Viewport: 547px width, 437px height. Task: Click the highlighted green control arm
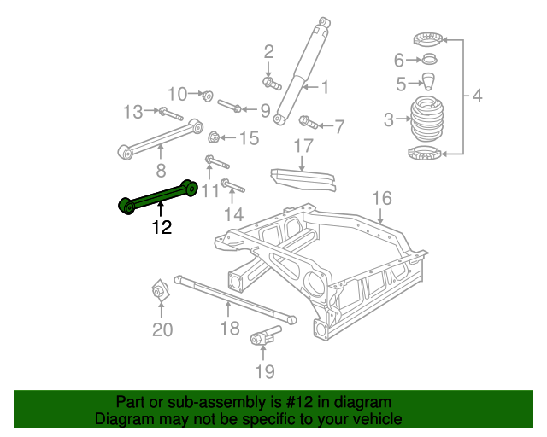pyautogui.click(x=159, y=196)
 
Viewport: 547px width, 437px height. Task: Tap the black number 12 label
pyautogui.click(x=161, y=227)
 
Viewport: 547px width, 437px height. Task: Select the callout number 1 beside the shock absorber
pyautogui.click(x=325, y=85)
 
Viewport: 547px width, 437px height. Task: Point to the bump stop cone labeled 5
pyautogui.click(x=429, y=82)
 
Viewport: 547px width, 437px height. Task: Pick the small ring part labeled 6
pyautogui.click(x=430, y=60)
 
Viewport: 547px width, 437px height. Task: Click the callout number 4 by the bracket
pyautogui.click(x=477, y=96)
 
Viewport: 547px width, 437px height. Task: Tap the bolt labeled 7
pyautogui.click(x=309, y=124)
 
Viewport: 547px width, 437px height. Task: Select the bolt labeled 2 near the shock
pyautogui.click(x=269, y=83)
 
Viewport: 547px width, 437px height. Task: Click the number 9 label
pyautogui.click(x=264, y=110)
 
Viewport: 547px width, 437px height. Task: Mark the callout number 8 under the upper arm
pyautogui.click(x=160, y=170)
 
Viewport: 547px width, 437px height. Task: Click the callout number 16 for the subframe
pyautogui.click(x=381, y=198)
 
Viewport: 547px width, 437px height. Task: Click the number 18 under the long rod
pyautogui.click(x=229, y=329)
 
